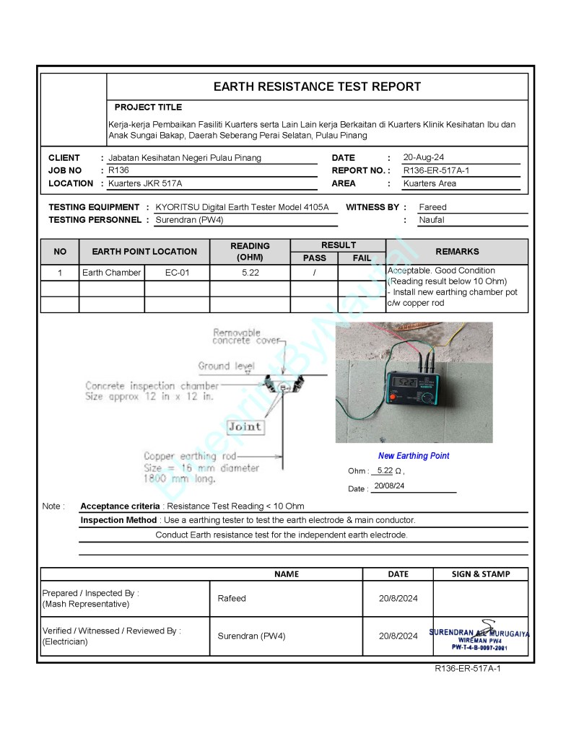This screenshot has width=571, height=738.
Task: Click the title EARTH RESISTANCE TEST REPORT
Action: coord(317,87)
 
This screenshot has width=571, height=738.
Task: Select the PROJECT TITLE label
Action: coord(148,107)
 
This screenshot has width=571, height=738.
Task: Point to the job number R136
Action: coord(118,170)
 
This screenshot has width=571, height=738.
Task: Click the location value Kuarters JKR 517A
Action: coord(145,183)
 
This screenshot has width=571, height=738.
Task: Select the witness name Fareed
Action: coord(432,207)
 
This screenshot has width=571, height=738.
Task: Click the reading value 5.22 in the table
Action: coord(250,273)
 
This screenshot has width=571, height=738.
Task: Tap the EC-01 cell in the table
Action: coord(177,273)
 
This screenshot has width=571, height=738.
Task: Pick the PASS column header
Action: coord(314,258)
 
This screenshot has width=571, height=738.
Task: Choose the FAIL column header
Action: coord(362,258)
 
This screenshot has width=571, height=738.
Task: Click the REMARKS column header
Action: coord(457,251)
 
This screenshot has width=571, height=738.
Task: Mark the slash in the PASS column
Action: coord(315,273)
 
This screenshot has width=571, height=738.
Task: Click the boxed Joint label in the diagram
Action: coord(244,426)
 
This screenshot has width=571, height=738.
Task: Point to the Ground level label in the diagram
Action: coord(226,366)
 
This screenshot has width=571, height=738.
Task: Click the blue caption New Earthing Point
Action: coord(414,456)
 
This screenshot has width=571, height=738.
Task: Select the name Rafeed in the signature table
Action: coord(232,598)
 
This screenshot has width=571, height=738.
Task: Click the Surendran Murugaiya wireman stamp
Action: coord(479,636)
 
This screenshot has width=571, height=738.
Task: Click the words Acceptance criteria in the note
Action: coord(120,506)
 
